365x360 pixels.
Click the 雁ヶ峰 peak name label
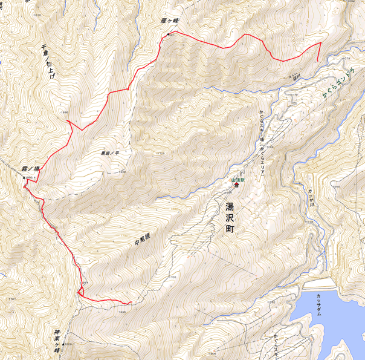click(171, 21)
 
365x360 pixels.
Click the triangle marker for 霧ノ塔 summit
click(24, 178)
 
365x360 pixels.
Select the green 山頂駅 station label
click(236, 180)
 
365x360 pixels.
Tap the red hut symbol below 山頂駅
click(236, 186)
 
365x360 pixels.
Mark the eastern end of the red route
click(318, 59)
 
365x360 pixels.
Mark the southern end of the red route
click(130, 303)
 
